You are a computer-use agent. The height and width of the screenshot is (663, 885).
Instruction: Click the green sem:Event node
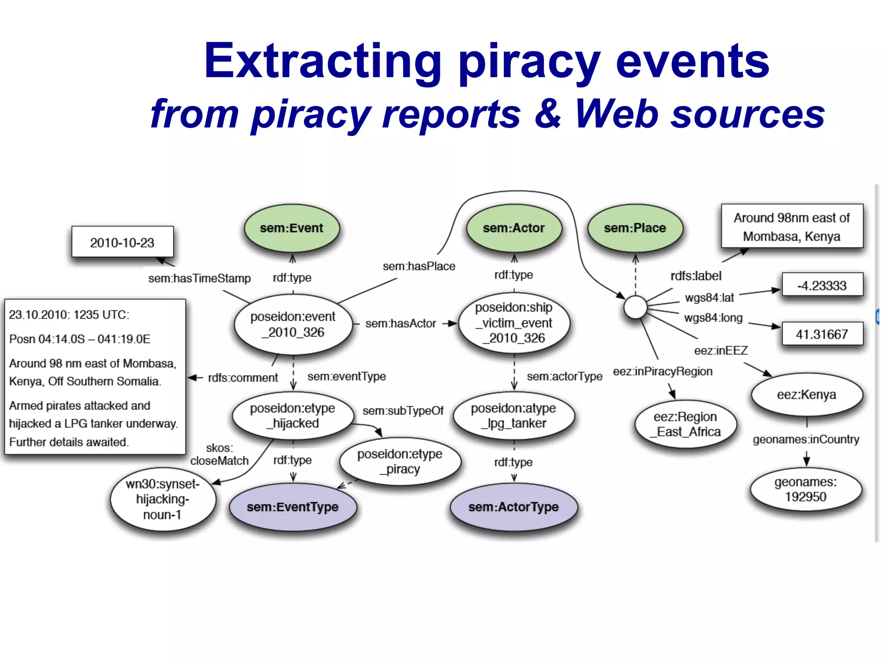point(292,228)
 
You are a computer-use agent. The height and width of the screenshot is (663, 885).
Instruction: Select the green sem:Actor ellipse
point(514,228)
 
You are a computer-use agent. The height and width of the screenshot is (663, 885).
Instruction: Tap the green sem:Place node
point(635,228)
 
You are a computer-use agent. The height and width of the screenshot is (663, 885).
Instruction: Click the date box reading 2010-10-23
point(122,242)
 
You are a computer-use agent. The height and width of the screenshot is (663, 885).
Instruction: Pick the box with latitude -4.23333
point(822,285)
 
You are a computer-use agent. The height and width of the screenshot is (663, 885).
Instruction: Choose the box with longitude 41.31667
point(822,334)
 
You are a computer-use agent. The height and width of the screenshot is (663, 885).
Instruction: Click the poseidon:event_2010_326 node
point(293,324)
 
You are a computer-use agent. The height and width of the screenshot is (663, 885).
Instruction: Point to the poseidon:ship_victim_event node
point(514,322)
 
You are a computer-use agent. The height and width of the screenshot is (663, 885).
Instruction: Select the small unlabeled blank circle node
point(635,307)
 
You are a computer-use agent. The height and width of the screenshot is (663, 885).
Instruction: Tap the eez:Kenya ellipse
point(806,395)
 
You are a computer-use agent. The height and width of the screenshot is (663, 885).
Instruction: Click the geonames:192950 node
point(806,489)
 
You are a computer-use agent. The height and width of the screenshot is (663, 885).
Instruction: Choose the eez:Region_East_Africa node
point(686,424)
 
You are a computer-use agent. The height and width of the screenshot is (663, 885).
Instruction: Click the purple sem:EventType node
point(293,507)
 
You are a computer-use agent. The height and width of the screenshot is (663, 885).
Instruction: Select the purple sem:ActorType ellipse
point(514,507)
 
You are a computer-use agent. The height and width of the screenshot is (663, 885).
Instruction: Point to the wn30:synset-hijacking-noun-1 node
point(162,499)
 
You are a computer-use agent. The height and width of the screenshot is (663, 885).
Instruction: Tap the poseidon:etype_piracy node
point(400,461)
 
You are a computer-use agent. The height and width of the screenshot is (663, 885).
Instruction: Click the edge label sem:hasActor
point(401,323)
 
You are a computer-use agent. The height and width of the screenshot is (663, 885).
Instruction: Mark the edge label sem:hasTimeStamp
point(199,278)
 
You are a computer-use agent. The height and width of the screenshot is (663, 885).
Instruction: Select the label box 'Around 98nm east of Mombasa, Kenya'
point(792,227)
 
